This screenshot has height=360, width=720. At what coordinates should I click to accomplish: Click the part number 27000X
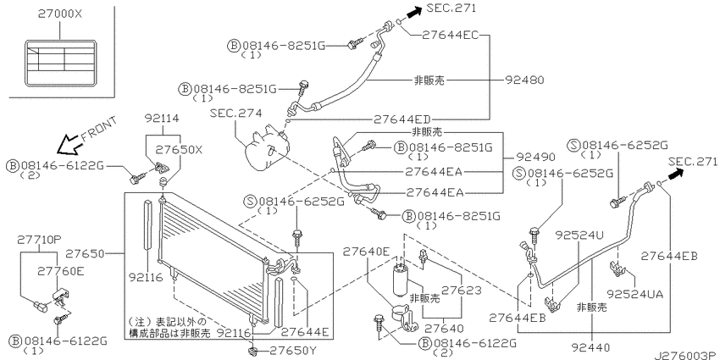point(59,14)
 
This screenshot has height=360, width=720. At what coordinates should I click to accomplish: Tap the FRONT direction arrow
point(68,144)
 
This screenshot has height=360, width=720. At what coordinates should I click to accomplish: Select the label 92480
point(524,80)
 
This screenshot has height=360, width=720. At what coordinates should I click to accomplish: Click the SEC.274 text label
point(235,113)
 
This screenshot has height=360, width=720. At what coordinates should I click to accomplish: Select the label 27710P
point(39,239)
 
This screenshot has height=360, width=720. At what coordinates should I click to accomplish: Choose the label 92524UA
point(635,294)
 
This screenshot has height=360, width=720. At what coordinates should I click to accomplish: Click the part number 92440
point(591,347)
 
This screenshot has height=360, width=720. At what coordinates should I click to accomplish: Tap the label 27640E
point(367,252)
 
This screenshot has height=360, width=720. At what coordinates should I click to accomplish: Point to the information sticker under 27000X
point(59,63)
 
